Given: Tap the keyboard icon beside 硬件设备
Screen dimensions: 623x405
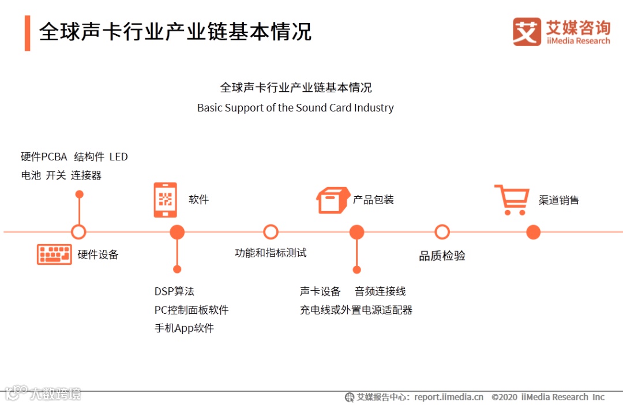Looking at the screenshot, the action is pyautogui.click(x=54, y=254).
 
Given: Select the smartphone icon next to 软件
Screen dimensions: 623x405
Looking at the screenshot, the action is pyautogui.click(x=165, y=200).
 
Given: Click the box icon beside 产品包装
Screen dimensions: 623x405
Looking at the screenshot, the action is pyautogui.click(x=333, y=200).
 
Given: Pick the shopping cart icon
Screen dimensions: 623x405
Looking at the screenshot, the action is pyautogui.click(x=511, y=200).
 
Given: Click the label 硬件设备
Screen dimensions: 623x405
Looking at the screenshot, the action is pyautogui.click(x=98, y=255).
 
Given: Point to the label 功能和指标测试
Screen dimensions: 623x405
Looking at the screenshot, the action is pyautogui.click(x=271, y=253).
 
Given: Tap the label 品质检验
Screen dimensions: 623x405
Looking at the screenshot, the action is pyautogui.click(x=442, y=256).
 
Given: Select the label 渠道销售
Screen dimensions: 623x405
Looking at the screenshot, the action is pyautogui.click(x=558, y=200).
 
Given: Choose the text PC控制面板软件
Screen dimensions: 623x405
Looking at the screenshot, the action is pyautogui.click(x=192, y=310).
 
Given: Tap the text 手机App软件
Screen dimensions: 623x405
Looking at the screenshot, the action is pyautogui.click(x=184, y=328).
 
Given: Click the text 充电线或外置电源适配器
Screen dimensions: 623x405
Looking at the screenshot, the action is pyautogui.click(x=356, y=310).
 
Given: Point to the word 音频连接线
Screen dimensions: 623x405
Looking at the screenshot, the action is pyautogui.click(x=380, y=291).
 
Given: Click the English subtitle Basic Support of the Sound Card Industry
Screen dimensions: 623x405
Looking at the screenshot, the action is pyautogui.click(x=295, y=108).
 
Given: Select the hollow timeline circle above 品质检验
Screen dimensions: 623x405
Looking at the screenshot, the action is pyautogui.click(x=442, y=232).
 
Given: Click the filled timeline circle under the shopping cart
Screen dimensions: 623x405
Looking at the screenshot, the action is pyautogui.click(x=534, y=232).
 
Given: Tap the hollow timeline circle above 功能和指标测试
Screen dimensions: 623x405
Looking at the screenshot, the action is pyautogui.click(x=271, y=232).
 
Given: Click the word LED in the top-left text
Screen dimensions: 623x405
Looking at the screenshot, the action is pyautogui.click(x=118, y=157).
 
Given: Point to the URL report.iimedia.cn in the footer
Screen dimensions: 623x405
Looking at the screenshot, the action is pyautogui.click(x=449, y=397).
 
